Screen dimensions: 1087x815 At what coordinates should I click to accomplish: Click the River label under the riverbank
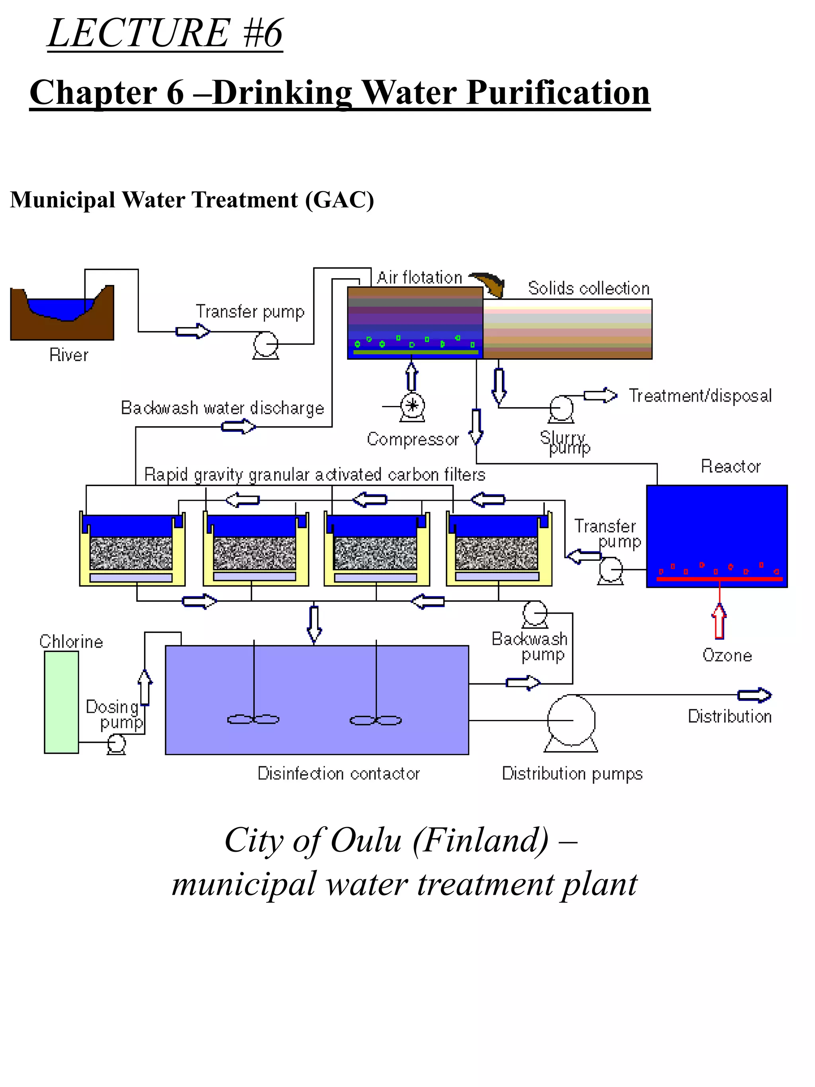click(69, 355)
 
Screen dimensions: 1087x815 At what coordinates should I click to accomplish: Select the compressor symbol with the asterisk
click(413, 406)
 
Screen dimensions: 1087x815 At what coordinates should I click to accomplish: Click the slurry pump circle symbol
click(561, 408)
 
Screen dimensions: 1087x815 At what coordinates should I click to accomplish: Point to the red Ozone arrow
click(719, 622)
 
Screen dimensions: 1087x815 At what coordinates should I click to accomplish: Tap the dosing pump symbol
click(117, 743)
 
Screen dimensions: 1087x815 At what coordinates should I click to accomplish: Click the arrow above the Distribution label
click(754, 695)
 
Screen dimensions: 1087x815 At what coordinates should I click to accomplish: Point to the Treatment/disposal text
click(700, 396)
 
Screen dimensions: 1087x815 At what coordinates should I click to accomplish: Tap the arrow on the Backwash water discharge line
click(238, 427)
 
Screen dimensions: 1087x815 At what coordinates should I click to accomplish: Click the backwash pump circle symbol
click(534, 613)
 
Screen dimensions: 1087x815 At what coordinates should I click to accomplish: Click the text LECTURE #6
click(166, 33)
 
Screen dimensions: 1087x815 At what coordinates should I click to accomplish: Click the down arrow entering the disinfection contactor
click(314, 624)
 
